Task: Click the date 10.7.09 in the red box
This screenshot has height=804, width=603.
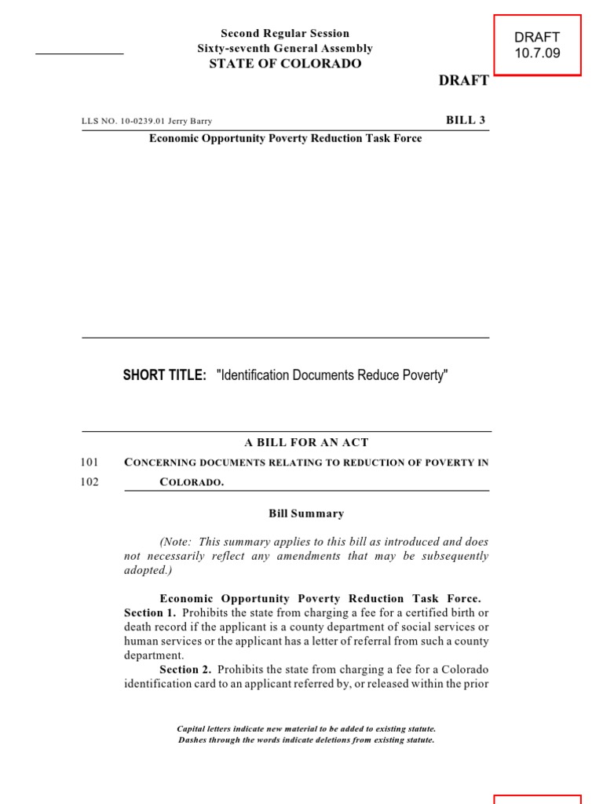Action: (x=537, y=53)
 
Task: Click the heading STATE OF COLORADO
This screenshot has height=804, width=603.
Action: (x=285, y=64)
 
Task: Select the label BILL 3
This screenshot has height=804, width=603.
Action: (x=466, y=120)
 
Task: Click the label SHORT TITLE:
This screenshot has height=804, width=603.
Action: (x=164, y=375)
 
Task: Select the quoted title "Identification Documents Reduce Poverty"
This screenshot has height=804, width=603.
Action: (x=331, y=375)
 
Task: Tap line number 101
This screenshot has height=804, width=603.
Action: (x=90, y=462)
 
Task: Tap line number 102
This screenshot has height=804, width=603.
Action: (x=90, y=482)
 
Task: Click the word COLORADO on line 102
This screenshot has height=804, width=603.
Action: (x=192, y=483)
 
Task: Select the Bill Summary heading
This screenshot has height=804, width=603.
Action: (x=306, y=513)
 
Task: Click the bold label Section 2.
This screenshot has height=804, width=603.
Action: (x=185, y=669)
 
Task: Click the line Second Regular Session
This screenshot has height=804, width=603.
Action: (x=285, y=34)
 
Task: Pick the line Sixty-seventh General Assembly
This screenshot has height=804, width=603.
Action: (x=285, y=49)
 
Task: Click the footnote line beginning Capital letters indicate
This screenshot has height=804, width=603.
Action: (x=306, y=729)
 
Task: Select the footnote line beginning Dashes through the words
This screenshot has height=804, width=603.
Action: (x=306, y=740)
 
